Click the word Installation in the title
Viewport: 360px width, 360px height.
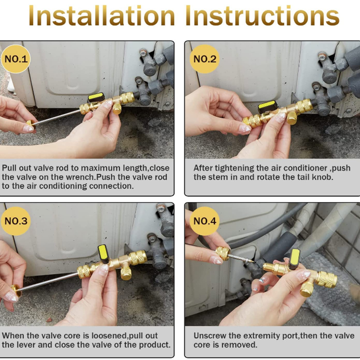pyautogui.click(x=101, y=17)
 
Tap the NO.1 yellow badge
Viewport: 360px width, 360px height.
pyautogui.click(x=16, y=59)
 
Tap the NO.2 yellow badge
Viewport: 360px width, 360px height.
pyautogui.click(x=205, y=59)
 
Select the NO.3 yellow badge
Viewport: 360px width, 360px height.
pyautogui.click(x=16, y=221)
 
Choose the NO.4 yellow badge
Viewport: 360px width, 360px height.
pyautogui.click(x=205, y=221)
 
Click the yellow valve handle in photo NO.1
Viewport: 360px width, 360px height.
pyautogui.click(x=95, y=97)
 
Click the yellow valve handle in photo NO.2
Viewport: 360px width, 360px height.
pyautogui.click(x=267, y=107)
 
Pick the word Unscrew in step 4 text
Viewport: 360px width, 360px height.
pyautogui.click(x=210, y=336)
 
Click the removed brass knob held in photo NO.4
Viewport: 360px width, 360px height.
pyautogui.click(x=222, y=254)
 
